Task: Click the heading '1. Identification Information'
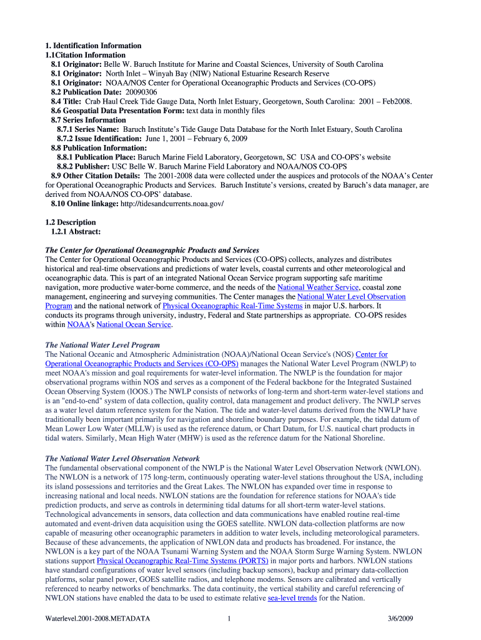click(93, 46)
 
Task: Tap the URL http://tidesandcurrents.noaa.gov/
click(172, 204)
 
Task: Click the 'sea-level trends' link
click(292, 598)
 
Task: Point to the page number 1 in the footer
click(230, 619)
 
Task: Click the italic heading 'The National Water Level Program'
click(102, 345)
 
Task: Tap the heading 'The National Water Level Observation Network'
click(122, 459)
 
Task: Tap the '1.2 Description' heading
click(71, 222)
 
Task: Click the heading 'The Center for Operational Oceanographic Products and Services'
click(152, 250)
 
